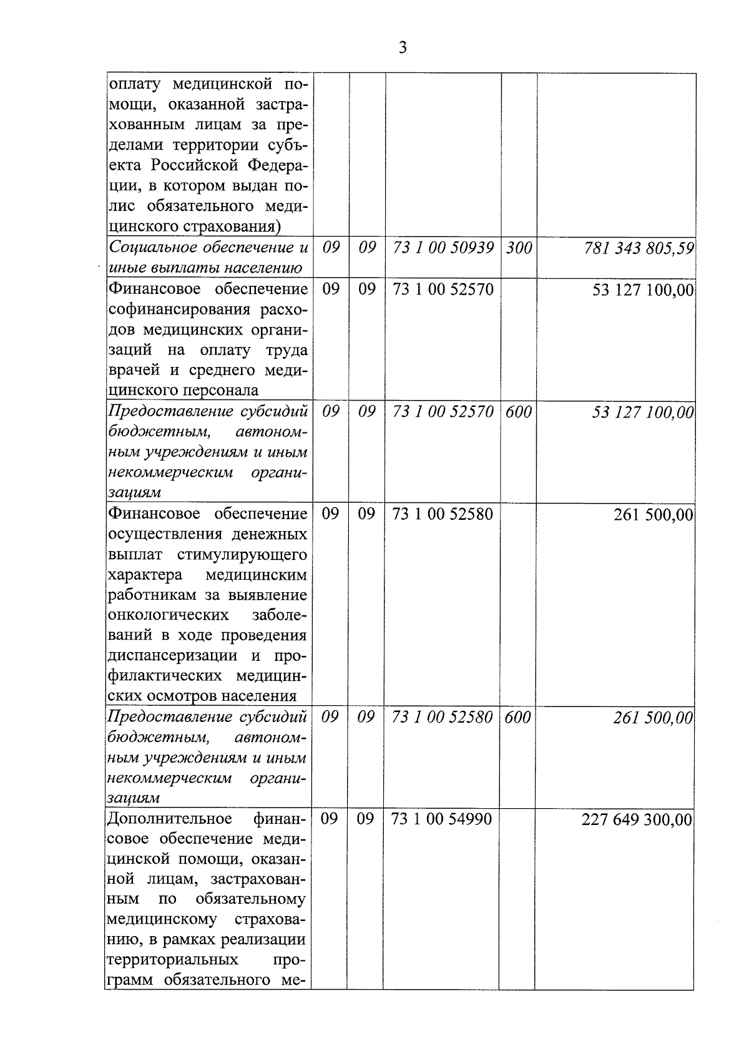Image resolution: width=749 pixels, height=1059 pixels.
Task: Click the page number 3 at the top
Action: tap(403, 47)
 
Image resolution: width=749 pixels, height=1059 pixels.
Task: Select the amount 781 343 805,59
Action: tap(639, 248)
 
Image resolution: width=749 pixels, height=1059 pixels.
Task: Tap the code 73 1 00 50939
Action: tap(444, 248)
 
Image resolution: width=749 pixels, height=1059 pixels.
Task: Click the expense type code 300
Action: tap(519, 248)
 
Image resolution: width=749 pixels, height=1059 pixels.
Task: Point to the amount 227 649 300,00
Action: tap(637, 819)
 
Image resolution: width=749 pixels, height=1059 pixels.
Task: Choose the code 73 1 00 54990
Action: tap(442, 819)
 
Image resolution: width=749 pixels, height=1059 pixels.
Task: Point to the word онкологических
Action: tap(168, 615)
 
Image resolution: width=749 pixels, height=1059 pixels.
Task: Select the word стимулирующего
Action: tap(242, 554)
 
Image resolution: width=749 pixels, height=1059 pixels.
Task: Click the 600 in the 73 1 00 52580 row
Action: tap(517, 718)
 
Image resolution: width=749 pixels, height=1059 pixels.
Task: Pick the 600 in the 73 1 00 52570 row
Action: tap(518, 412)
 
